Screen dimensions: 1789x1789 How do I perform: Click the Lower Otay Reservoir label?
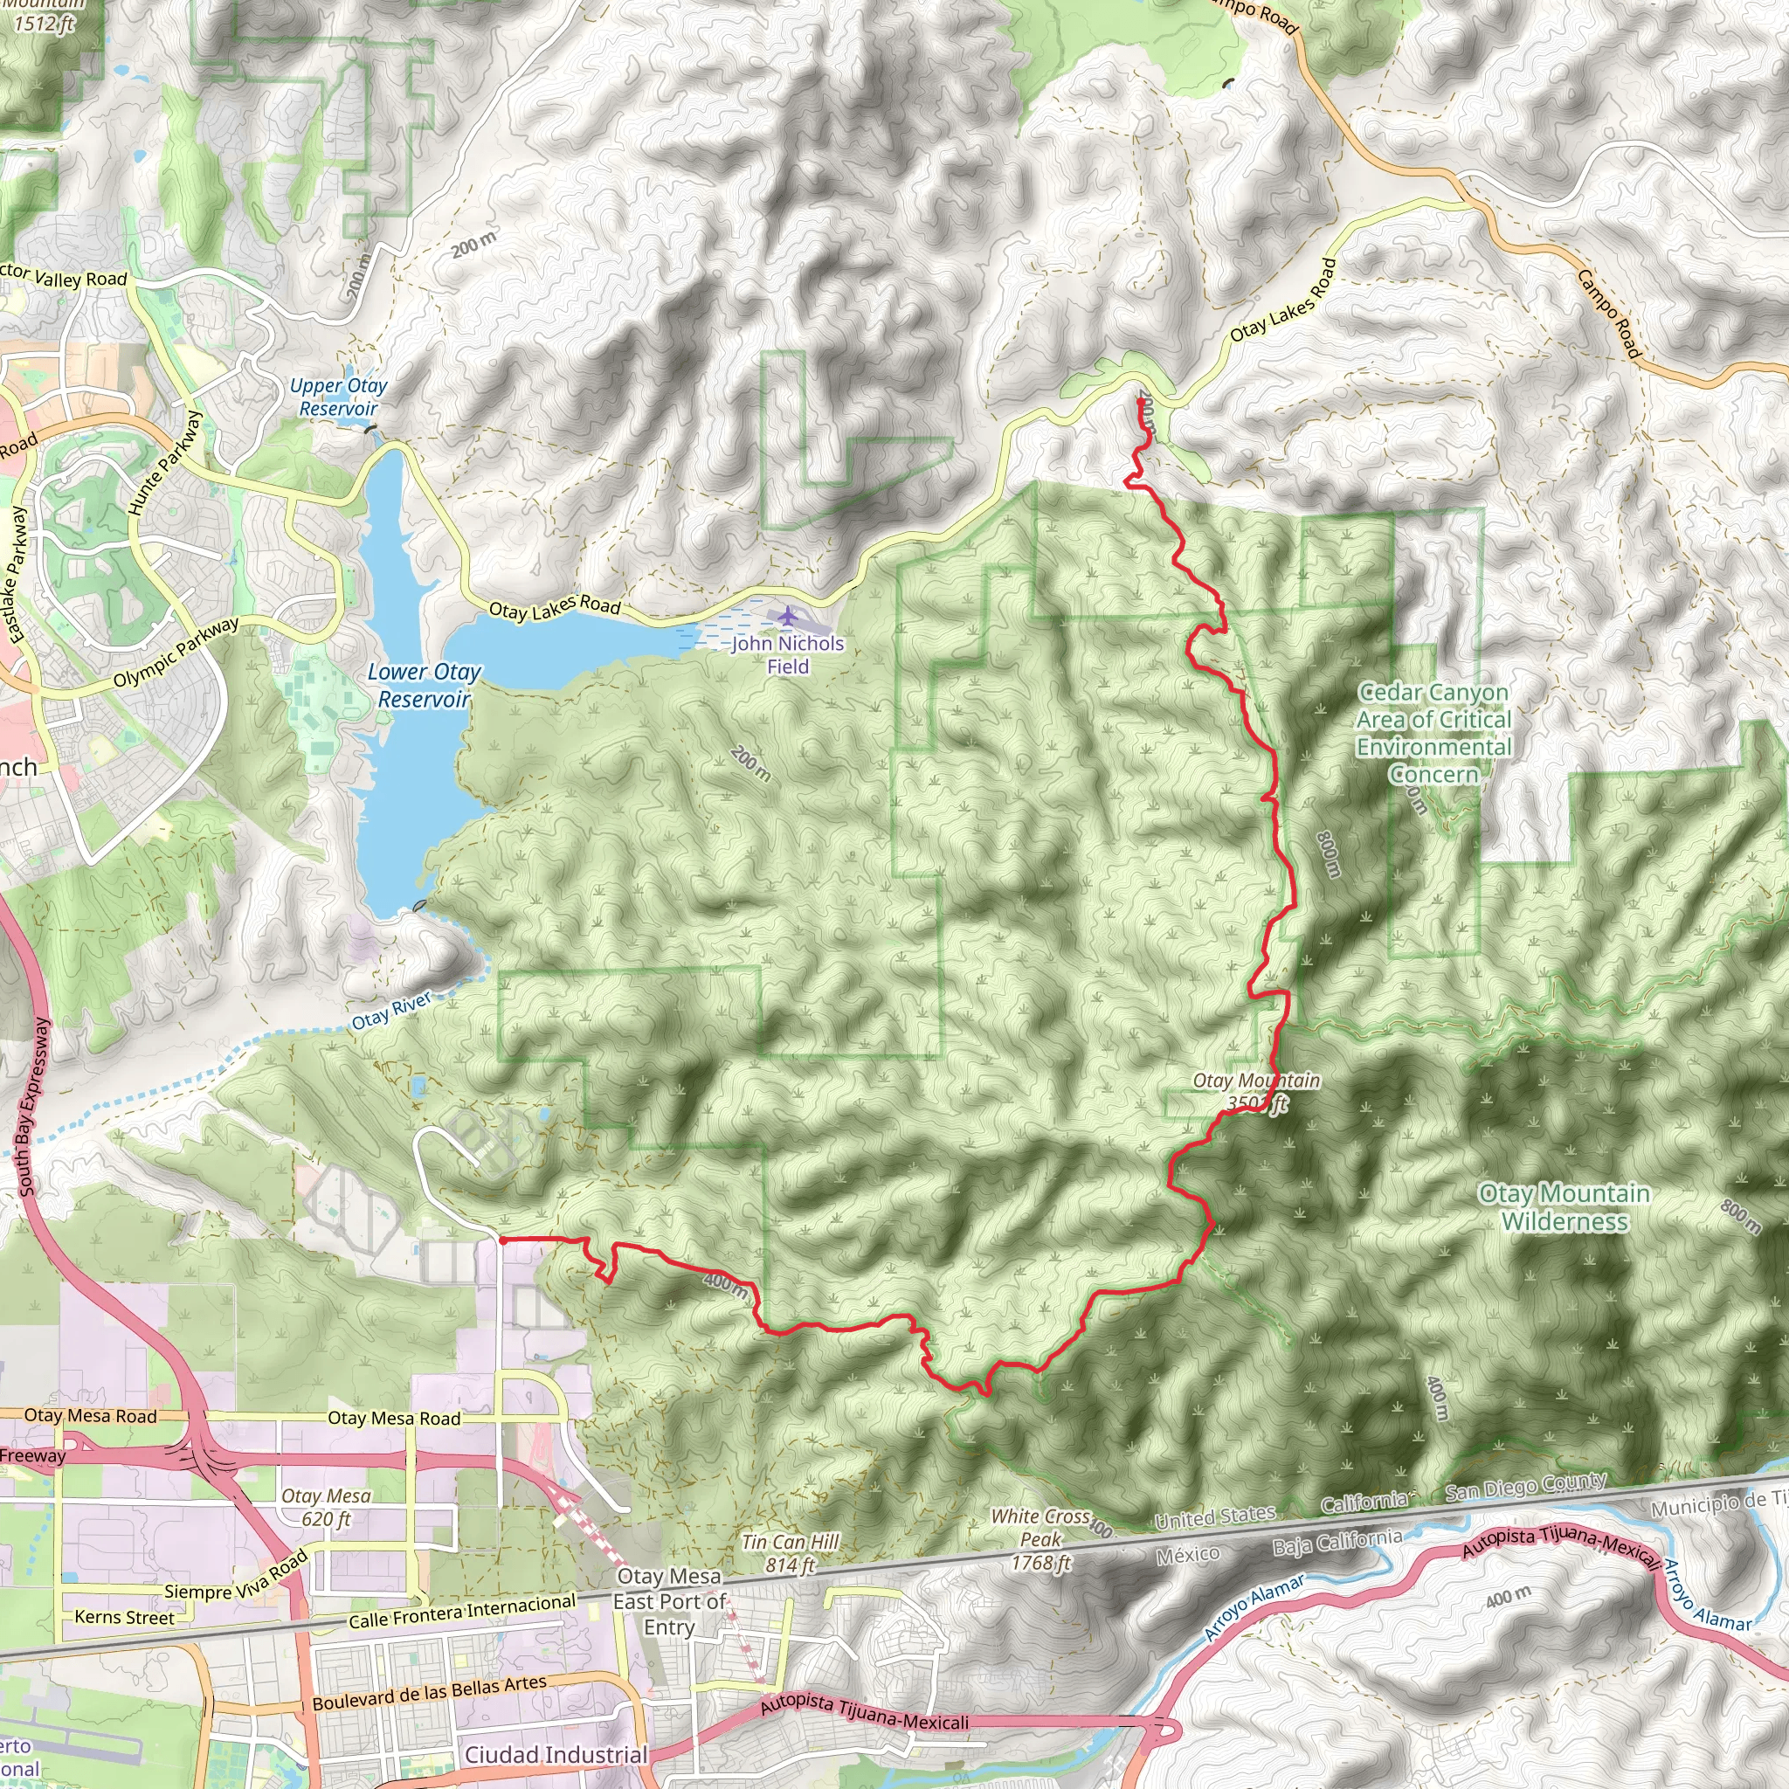[424, 685]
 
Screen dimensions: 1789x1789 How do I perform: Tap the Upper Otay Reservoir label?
[338, 397]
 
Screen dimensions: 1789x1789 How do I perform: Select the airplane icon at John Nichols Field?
[787, 615]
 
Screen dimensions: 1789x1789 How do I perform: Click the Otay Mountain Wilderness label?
[1564, 1206]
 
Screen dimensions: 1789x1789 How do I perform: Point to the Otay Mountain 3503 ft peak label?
[1255, 1092]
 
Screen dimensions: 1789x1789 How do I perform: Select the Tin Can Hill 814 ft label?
[790, 1554]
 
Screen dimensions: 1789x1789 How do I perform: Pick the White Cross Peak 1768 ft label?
[1040, 1539]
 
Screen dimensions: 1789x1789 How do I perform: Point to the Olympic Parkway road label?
[176, 653]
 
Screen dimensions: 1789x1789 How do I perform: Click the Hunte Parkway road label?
[165, 463]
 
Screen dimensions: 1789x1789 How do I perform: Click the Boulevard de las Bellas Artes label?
[429, 1693]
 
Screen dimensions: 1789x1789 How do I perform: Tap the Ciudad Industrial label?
[556, 1755]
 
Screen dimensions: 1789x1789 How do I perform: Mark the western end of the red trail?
[501, 1239]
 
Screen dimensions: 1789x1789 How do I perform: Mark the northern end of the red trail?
[1139, 399]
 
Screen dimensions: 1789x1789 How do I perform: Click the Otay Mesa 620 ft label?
[326, 1508]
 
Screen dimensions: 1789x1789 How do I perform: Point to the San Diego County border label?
[1525, 1488]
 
